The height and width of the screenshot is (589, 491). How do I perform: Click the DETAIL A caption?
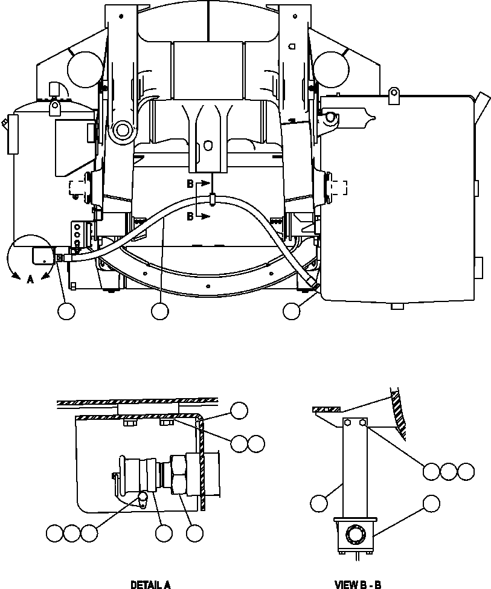(150, 584)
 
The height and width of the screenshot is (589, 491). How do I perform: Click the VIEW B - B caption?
(358, 584)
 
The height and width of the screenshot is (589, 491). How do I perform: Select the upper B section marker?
(190, 182)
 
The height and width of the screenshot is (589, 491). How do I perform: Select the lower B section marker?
(190, 216)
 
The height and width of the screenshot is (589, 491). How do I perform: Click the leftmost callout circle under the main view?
(66, 311)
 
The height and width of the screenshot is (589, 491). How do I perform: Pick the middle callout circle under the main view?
(159, 311)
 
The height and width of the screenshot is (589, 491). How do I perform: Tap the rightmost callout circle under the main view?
(292, 311)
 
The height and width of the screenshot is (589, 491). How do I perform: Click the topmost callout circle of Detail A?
(239, 410)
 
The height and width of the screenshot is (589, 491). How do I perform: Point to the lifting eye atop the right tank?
(395, 92)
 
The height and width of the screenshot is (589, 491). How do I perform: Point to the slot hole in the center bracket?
(208, 146)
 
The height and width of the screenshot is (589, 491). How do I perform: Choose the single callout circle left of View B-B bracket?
(319, 503)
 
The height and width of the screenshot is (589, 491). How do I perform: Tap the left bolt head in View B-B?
(348, 423)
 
